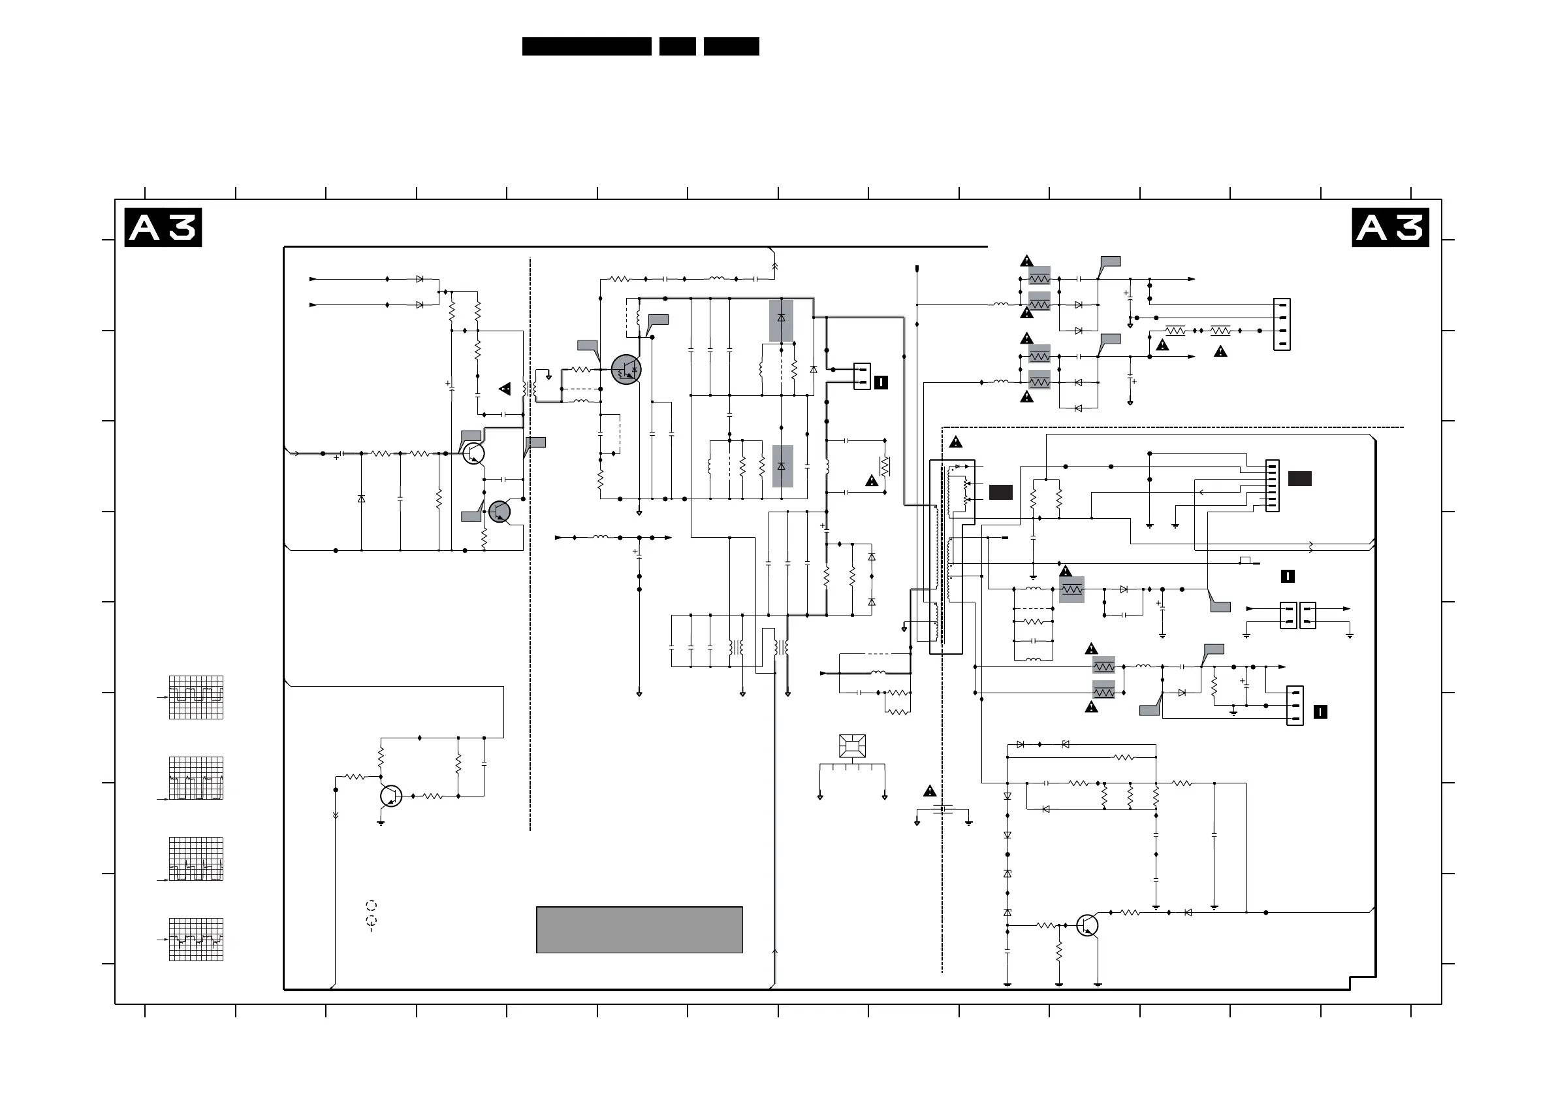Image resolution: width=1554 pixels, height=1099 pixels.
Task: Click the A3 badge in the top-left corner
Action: pos(163,227)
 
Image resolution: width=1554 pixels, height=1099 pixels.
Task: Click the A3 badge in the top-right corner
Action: pos(1390,227)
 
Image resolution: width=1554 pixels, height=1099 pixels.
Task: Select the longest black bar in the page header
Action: pos(586,46)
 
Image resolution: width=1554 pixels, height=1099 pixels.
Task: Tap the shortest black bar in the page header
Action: pos(678,46)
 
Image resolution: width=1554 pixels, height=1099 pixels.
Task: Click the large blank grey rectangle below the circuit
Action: pos(639,930)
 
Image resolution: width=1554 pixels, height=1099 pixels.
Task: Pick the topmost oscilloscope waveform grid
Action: pos(196,697)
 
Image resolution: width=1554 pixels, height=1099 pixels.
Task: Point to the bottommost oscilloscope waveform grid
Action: pos(196,939)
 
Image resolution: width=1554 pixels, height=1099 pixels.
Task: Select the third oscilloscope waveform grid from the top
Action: pos(196,859)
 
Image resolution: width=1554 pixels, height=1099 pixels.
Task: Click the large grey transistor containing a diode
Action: pos(626,370)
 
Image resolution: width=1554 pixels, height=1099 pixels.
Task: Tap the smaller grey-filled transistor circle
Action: pos(499,512)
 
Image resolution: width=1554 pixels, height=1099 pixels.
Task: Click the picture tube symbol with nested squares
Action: pos(852,746)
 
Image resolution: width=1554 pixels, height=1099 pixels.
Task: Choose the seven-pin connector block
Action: pos(1273,485)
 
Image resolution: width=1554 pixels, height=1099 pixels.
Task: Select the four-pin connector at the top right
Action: pos(1281,324)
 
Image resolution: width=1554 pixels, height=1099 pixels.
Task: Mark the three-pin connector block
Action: pos(1294,706)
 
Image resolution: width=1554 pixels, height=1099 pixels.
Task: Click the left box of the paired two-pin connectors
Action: pos(1288,615)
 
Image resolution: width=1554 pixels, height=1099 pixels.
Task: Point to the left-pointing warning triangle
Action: pos(505,389)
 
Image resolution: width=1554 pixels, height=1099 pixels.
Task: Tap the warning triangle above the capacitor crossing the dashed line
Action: pos(929,791)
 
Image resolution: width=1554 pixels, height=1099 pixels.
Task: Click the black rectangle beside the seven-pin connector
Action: pos(1299,479)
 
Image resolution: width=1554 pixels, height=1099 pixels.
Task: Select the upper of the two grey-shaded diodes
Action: pos(781,320)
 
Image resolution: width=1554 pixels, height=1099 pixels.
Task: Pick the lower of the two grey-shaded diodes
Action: pos(782,466)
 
